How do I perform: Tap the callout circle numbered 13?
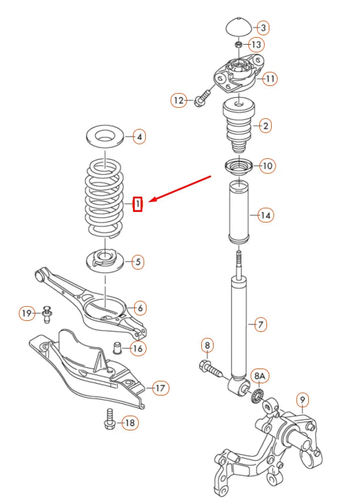tap(256, 44)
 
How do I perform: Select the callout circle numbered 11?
tap(270, 78)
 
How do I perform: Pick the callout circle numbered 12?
tap(179, 100)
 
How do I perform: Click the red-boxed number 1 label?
tap(137, 204)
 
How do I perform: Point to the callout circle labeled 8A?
tap(259, 376)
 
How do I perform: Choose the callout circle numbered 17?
tap(160, 387)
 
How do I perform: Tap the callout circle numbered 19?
tap(26, 313)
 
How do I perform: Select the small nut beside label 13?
tap(238, 45)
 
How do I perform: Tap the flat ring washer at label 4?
tap(105, 137)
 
